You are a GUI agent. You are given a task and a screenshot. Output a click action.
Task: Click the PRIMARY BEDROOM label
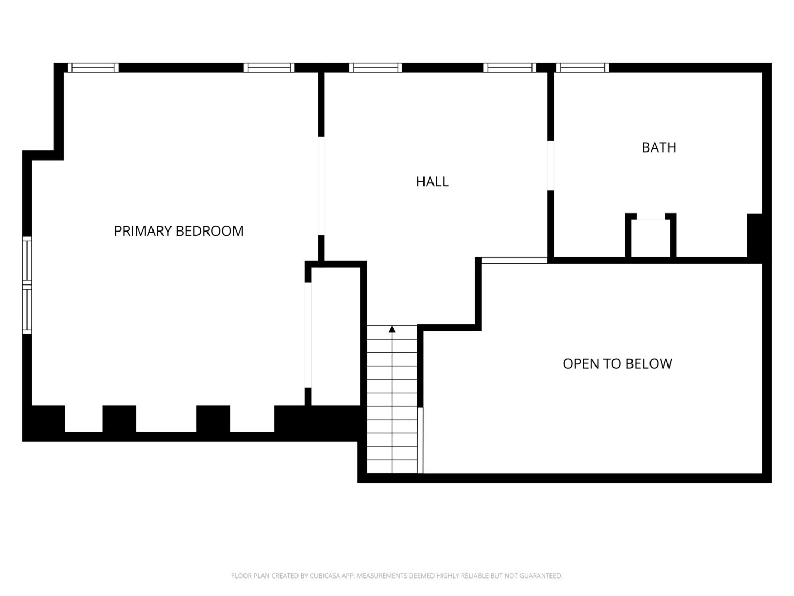click(179, 231)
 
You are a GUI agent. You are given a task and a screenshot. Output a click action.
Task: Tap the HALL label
click(432, 182)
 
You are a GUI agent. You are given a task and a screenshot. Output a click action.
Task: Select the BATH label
click(658, 147)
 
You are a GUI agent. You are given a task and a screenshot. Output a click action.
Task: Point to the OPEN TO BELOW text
click(617, 363)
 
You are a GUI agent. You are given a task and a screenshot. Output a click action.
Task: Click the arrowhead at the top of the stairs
click(392, 329)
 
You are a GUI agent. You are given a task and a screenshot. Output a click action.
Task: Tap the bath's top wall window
click(582, 67)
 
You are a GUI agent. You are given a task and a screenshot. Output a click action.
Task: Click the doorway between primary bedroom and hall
click(321, 185)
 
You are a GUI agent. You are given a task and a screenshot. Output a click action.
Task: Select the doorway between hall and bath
click(550, 165)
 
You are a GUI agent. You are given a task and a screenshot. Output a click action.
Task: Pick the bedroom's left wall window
click(27, 285)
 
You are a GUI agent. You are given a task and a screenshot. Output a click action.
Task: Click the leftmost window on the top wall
click(93, 67)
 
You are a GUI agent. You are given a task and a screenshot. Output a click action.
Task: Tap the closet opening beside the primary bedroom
click(308, 335)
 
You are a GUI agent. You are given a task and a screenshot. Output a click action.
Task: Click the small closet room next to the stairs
click(336, 336)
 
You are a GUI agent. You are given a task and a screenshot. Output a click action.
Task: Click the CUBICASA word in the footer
click(323, 575)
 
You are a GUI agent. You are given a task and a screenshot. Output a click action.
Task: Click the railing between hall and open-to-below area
click(515, 261)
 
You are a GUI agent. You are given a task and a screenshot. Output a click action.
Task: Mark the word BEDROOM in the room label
click(210, 231)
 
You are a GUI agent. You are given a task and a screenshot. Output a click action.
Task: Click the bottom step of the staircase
click(392, 466)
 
